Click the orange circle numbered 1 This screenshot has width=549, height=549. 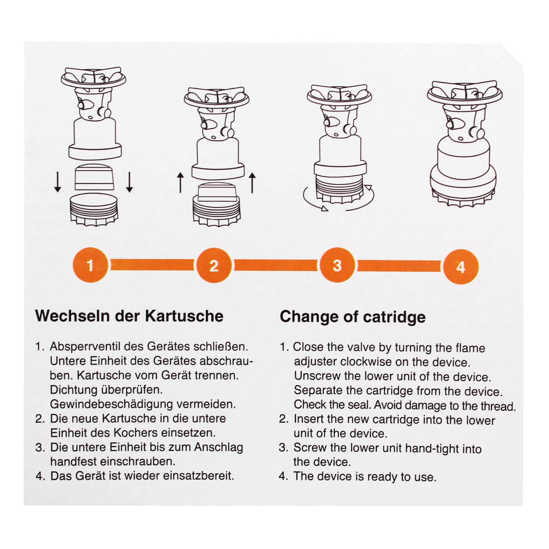(90, 265)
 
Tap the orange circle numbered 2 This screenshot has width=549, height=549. (214, 265)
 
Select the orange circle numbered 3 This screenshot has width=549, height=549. (337, 265)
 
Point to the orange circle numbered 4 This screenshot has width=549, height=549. (461, 267)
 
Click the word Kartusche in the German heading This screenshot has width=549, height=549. (184, 316)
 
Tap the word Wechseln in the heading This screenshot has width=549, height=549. (72, 316)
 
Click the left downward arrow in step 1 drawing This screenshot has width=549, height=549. (58, 182)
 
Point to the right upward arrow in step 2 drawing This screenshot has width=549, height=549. (252, 182)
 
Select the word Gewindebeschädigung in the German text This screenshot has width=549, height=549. (112, 404)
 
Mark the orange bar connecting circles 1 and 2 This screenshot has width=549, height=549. (152, 265)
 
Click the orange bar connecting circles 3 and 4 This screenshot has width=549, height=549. (399, 266)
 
